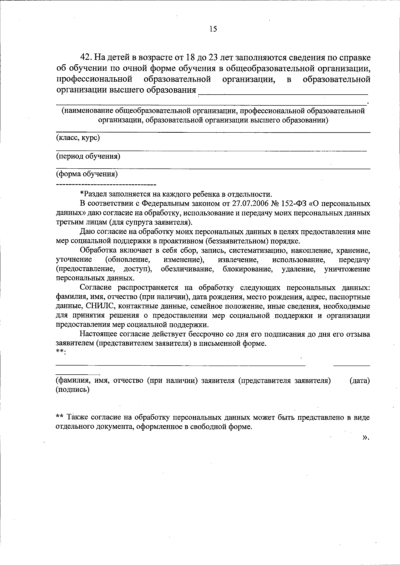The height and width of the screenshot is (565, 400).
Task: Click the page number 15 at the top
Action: click(213, 29)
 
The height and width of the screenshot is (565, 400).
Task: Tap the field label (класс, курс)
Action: click(78, 137)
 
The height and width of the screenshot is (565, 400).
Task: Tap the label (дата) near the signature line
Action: click(360, 380)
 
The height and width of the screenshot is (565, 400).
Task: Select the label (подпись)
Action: click(72, 389)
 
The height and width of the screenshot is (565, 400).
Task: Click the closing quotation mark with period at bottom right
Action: click(366, 437)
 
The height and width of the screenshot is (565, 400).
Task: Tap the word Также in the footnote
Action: click(77, 417)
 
